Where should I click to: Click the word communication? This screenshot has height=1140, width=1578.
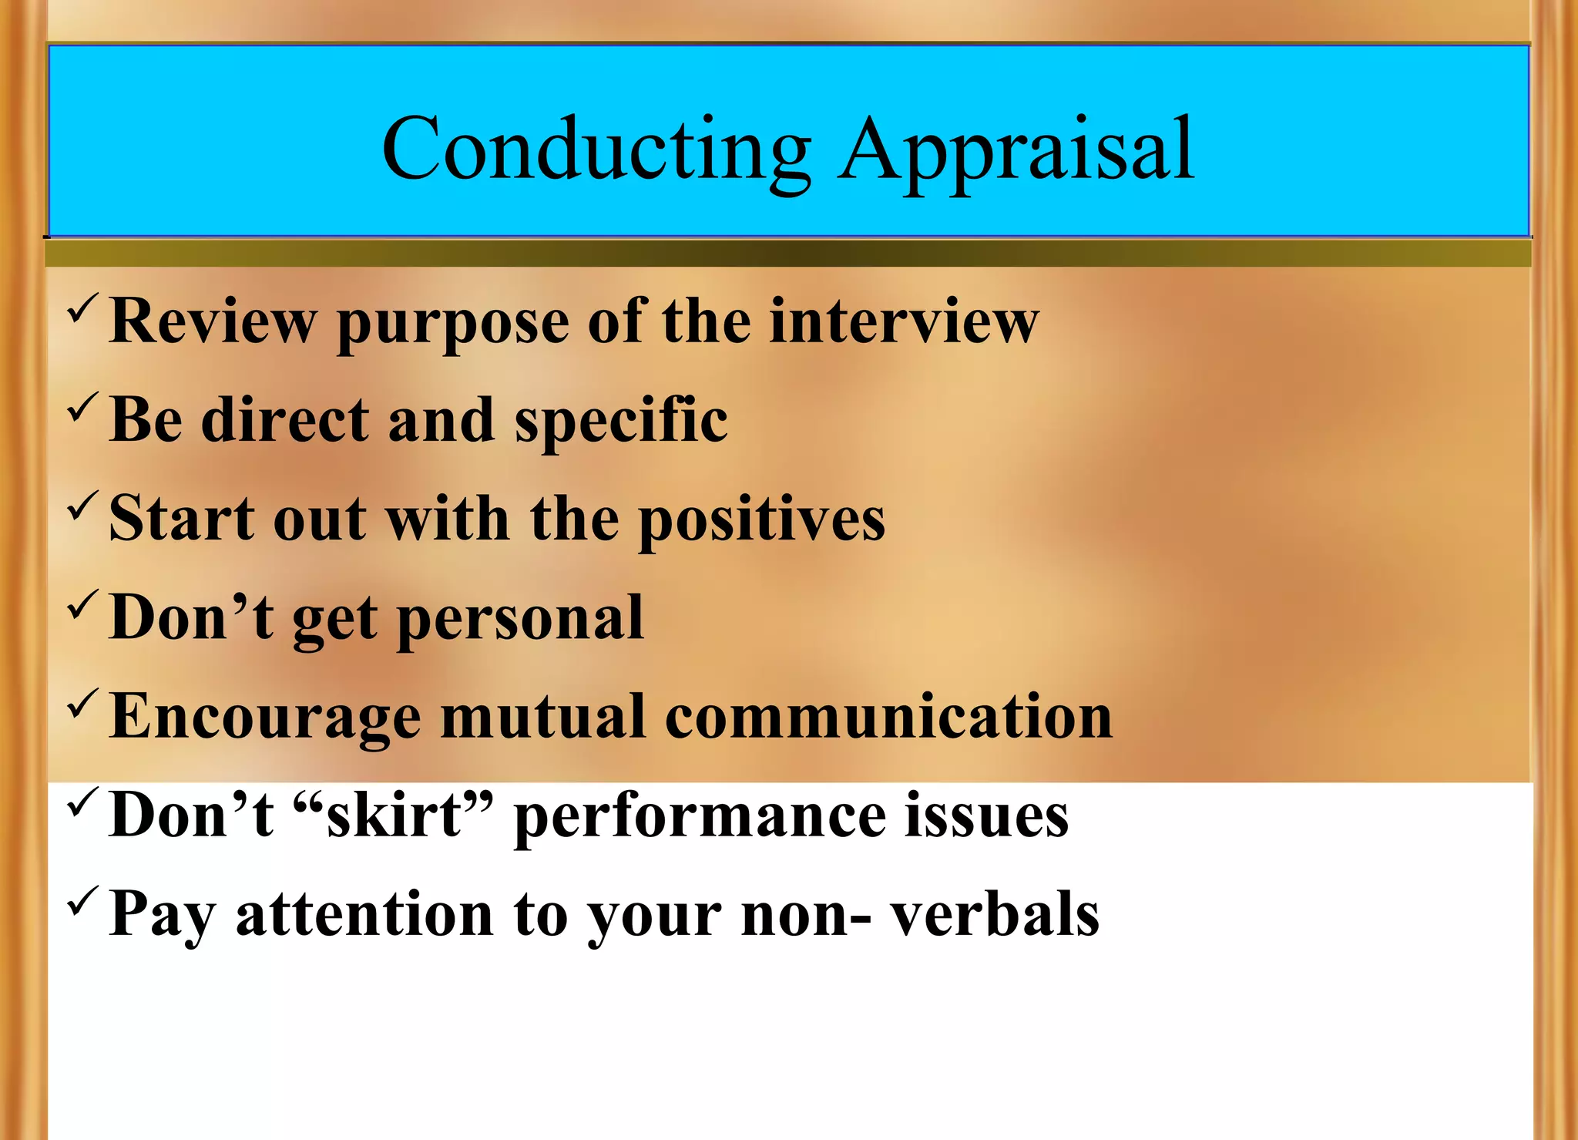coord(888,716)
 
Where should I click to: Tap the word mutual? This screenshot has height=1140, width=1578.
coord(542,716)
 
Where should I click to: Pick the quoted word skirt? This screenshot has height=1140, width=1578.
coord(394,815)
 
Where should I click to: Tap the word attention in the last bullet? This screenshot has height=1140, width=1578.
coord(364,913)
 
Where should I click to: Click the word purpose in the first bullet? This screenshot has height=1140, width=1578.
coord(452,323)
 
